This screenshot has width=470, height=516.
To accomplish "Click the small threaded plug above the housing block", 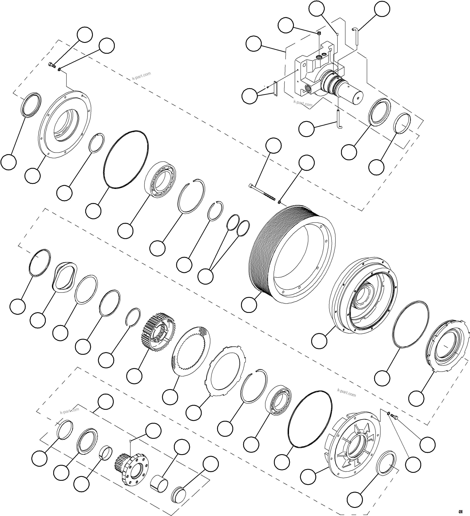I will point(319,33).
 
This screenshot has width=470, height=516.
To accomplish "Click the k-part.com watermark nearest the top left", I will point(141,76).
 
